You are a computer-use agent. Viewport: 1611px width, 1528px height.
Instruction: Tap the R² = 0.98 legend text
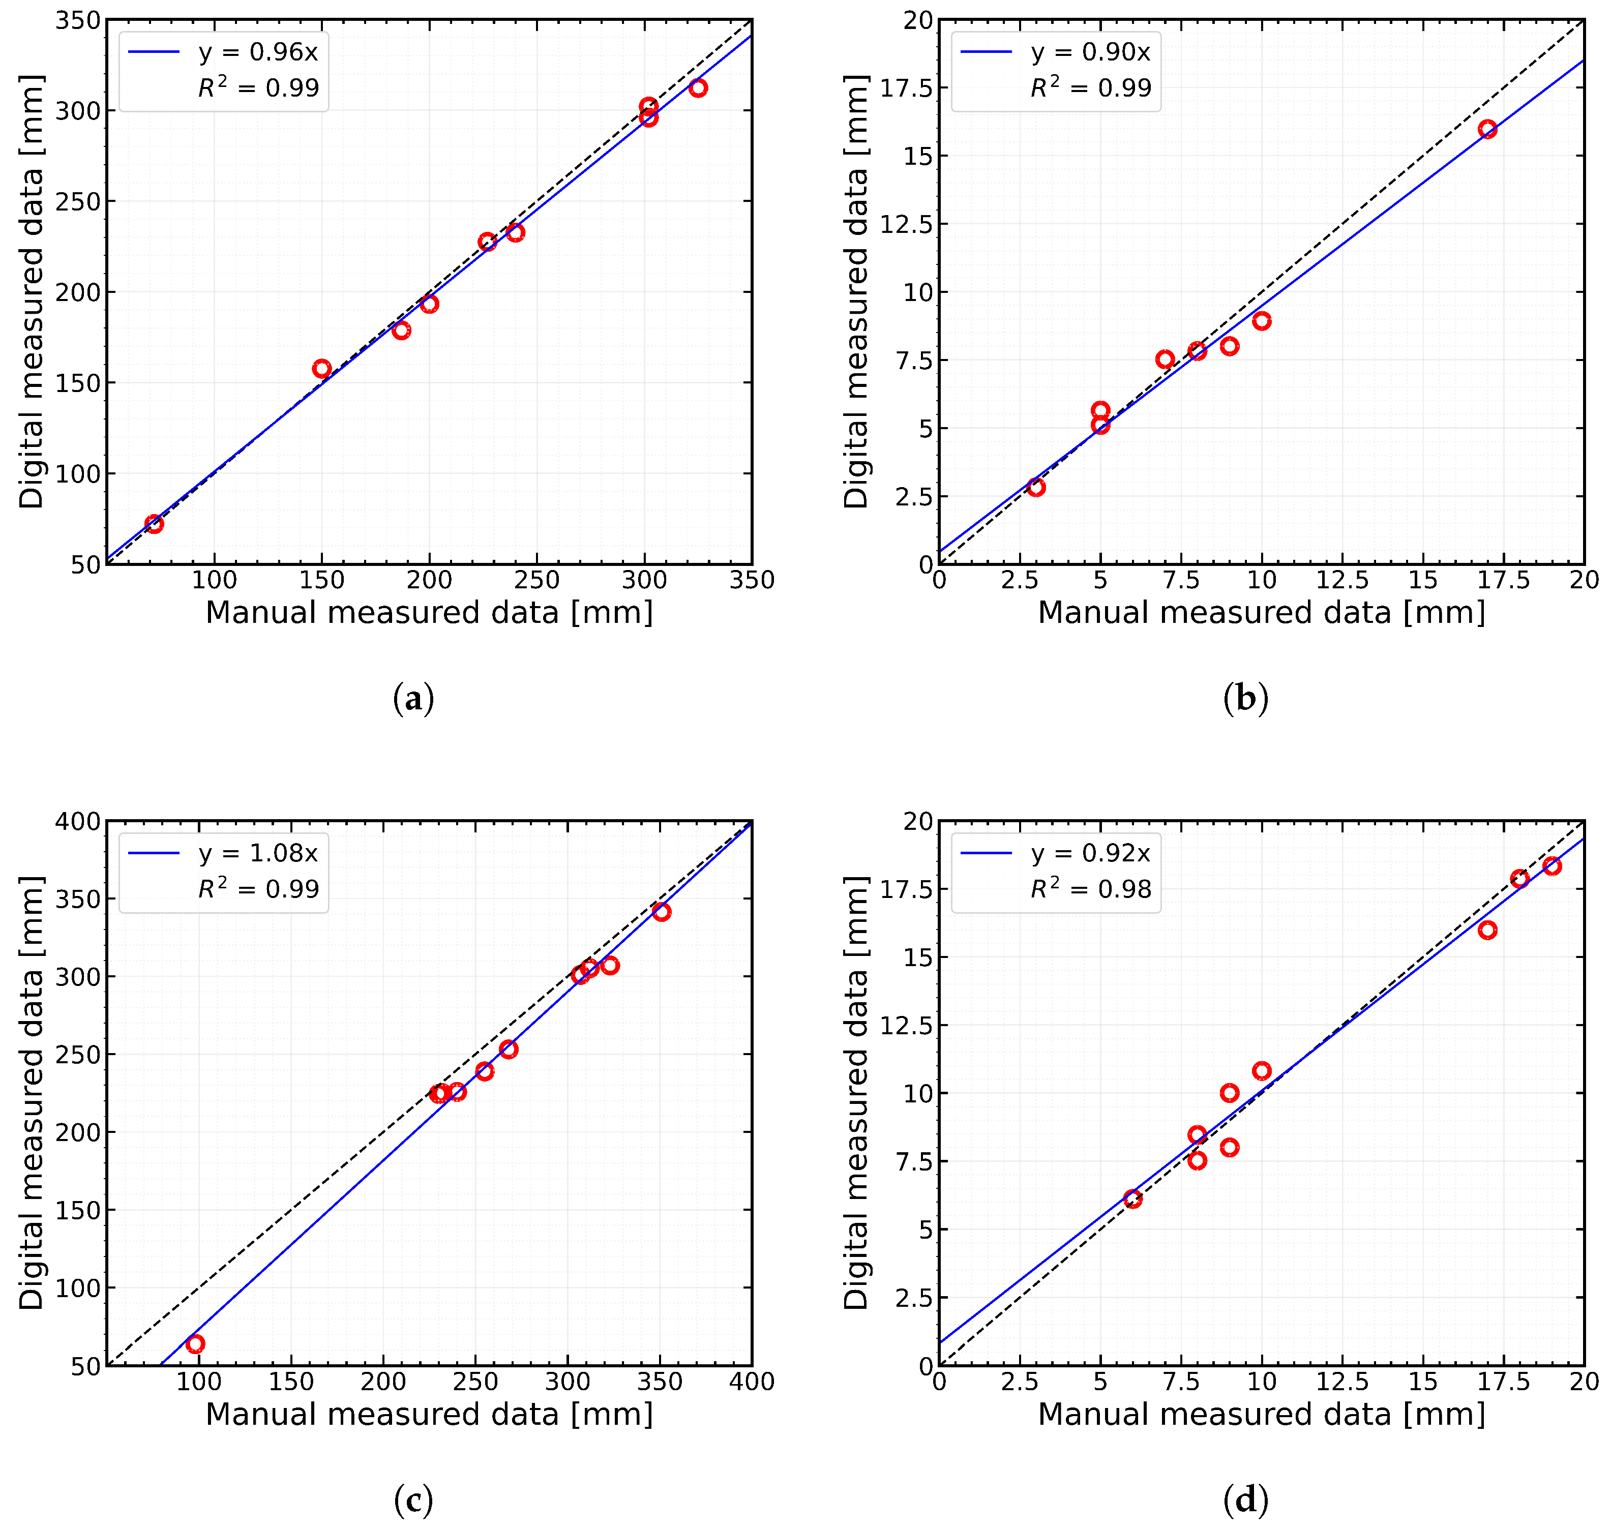(x=1091, y=889)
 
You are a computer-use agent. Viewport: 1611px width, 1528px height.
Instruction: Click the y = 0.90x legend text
(x=1091, y=52)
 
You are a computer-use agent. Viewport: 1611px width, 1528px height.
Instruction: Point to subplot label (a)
(x=413, y=699)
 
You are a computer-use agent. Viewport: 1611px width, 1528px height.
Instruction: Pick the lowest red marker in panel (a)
(x=154, y=524)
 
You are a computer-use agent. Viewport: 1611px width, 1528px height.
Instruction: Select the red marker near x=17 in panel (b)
(x=1487, y=129)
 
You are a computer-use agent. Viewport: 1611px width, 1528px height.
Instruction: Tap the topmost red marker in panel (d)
(x=1552, y=866)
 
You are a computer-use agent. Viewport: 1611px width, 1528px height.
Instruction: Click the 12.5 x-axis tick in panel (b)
(x=1342, y=580)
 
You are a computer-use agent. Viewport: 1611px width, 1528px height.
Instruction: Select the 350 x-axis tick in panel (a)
(x=752, y=580)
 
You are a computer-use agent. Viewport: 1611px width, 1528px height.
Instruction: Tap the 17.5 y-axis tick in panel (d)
(x=906, y=889)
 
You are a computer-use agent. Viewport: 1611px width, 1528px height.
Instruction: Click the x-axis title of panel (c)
(x=429, y=1414)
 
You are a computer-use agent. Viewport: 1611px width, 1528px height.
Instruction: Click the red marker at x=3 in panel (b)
(x=1036, y=487)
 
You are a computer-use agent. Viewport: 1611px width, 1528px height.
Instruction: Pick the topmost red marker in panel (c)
(x=662, y=911)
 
